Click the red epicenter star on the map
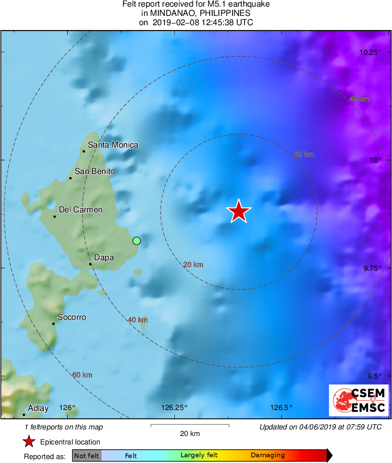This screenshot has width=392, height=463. click(239, 211)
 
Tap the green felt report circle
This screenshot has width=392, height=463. click(136, 241)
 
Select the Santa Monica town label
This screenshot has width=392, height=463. click(113, 145)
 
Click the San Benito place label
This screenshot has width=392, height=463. click(94, 171)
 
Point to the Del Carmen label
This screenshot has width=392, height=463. click(80, 210)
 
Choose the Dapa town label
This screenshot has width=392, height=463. click(104, 258)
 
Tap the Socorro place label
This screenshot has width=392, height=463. click(72, 317)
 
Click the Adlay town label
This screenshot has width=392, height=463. click(38, 408)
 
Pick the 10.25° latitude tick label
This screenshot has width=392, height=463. click(370, 52)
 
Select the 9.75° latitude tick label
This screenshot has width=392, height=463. click(372, 268)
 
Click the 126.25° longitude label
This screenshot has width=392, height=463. click(174, 407)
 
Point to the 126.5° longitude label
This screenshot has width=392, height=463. click(282, 407)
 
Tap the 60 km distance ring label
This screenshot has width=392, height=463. click(83, 375)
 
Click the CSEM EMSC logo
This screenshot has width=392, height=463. click(358, 400)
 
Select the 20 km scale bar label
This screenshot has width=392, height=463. click(190, 433)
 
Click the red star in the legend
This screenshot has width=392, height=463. click(29, 442)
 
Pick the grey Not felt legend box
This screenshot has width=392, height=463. click(87, 455)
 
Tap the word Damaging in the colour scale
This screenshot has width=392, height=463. click(268, 455)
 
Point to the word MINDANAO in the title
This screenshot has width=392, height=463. click(169, 13)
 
